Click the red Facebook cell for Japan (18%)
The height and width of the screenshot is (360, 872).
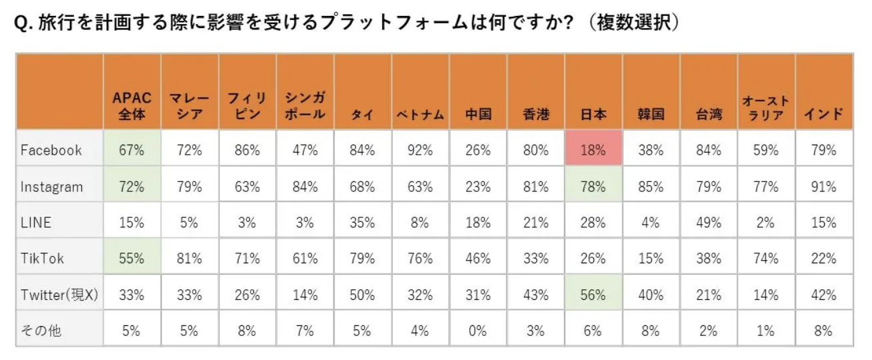(x=593, y=150)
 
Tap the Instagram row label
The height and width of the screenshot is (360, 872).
(x=52, y=187)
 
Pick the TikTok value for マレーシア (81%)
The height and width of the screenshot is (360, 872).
(x=189, y=259)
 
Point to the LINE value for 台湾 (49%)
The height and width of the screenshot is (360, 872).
(x=708, y=223)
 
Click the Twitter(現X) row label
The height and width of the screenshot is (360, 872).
(x=59, y=295)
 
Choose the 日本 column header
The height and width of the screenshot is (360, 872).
(x=593, y=114)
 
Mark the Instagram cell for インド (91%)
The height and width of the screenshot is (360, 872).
(x=823, y=187)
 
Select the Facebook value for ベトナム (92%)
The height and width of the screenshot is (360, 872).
(x=420, y=150)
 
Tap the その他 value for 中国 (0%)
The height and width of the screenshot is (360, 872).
(x=477, y=330)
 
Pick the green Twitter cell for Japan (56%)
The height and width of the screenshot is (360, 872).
(x=593, y=295)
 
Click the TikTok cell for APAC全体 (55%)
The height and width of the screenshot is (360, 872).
(x=131, y=259)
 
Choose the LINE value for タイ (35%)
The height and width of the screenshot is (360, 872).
(x=362, y=223)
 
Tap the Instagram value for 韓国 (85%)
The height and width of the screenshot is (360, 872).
(x=650, y=187)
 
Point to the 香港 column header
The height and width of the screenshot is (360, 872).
(x=535, y=114)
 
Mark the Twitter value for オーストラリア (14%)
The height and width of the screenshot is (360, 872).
(x=765, y=295)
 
